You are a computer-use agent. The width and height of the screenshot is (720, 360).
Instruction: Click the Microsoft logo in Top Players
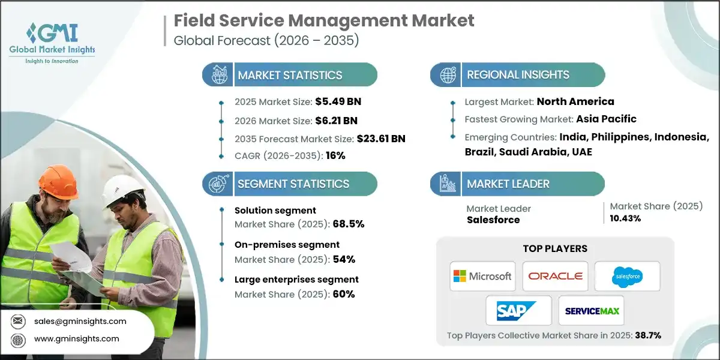click(483, 276)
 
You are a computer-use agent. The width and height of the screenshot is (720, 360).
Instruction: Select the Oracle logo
click(555, 276)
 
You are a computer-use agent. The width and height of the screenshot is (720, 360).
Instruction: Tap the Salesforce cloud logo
click(627, 277)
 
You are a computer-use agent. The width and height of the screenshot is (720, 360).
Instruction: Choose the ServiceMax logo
click(591, 310)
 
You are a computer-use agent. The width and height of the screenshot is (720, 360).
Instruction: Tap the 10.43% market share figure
click(625, 218)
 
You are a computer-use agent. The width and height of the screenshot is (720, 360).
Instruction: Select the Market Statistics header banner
click(290, 75)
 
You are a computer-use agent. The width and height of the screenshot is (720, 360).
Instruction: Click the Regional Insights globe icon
click(447, 75)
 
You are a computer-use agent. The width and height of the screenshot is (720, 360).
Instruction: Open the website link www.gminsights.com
click(77, 339)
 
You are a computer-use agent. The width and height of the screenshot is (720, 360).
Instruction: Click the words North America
click(575, 101)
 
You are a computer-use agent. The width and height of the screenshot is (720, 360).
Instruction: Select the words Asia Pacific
click(606, 119)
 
